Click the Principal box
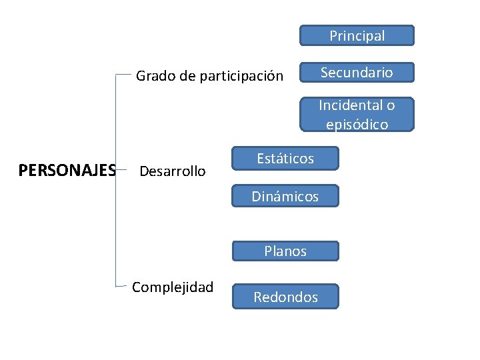point(357,36)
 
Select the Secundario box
point(357,72)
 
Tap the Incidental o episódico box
point(357,114)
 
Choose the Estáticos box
point(285,159)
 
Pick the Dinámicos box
point(285,196)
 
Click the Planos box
point(285,251)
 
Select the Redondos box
point(285,297)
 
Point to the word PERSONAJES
point(67,171)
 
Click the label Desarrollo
point(172,171)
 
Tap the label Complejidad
point(173,287)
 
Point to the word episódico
point(357,124)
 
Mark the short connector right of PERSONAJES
point(121,171)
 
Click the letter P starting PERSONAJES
point(23,171)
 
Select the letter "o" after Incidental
point(391,105)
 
